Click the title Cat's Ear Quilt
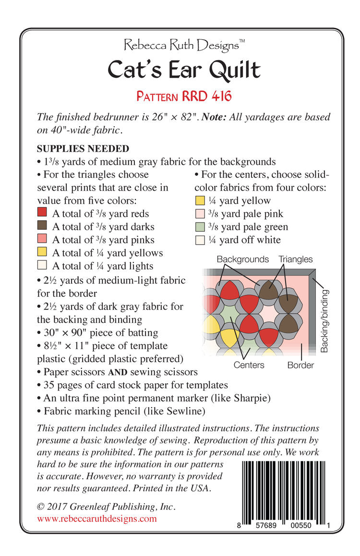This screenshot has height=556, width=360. (x=184, y=70)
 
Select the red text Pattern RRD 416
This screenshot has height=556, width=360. (x=184, y=96)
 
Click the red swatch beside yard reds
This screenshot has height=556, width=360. (x=42, y=213)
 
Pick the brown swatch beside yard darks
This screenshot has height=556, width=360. (x=42, y=226)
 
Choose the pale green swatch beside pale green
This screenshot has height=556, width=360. (x=200, y=226)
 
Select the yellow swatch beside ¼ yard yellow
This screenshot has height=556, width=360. (x=200, y=201)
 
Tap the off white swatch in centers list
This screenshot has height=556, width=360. (x=200, y=239)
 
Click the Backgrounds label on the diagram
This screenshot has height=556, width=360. (x=242, y=260)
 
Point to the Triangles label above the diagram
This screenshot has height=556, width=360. (x=295, y=260)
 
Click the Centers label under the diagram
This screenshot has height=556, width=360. (x=249, y=365)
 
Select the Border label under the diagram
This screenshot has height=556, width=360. (x=300, y=365)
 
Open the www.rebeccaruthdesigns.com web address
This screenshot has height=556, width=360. (x=97, y=519)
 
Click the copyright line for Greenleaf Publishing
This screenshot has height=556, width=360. (x=106, y=506)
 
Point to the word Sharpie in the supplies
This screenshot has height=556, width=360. (x=253, y=398)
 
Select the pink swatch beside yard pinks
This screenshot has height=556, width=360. (x=42, y=239)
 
